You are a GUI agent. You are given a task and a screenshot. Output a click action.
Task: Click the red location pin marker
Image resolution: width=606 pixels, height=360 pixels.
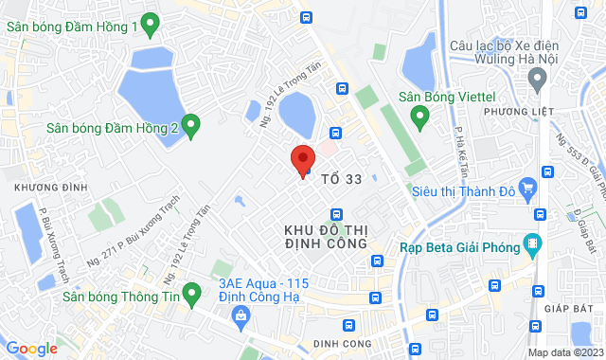pos(302,159)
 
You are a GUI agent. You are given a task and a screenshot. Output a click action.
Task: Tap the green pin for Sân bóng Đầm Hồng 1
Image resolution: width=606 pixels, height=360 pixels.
pos(149,25)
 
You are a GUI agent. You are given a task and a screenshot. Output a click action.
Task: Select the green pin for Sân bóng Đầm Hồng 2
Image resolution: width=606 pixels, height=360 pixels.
pos(190,125)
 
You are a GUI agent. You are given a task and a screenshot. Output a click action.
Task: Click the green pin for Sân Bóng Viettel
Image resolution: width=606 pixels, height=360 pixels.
pos(420,117)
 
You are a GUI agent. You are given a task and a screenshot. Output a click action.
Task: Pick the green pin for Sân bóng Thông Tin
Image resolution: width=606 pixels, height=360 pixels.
pos(192,295)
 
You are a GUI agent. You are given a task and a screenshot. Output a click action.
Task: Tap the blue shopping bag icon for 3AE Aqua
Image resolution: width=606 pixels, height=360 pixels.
pos(242,315)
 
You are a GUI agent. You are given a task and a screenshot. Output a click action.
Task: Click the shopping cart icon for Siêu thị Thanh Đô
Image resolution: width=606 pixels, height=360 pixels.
pos(541,190)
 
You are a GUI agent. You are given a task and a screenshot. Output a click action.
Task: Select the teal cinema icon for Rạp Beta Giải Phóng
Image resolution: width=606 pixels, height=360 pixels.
pos(532,244)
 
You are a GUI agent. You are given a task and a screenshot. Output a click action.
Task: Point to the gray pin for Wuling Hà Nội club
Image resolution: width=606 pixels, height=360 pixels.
pos(539,80)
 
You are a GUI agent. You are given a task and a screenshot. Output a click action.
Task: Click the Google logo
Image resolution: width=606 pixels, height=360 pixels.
pos(30,349)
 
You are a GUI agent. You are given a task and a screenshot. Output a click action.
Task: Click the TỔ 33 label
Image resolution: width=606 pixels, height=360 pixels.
pos(342,178)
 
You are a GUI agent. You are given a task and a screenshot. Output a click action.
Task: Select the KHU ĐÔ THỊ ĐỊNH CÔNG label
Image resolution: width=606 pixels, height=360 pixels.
pos(325,237)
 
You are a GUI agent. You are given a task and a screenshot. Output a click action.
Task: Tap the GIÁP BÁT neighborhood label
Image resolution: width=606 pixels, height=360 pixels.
pos(575,307)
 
